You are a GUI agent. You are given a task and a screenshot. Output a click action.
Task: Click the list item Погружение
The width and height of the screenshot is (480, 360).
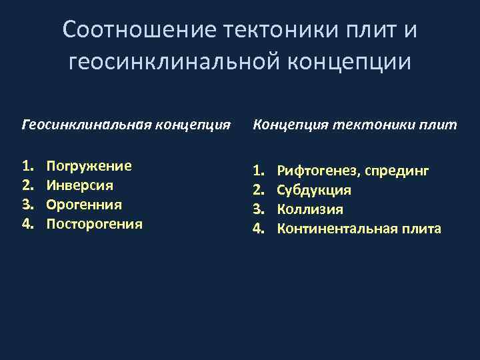pyautogui.click(x=89, y=166)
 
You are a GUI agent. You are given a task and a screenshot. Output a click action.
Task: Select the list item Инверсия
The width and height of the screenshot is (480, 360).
pyautogui.click(x=79, y=185)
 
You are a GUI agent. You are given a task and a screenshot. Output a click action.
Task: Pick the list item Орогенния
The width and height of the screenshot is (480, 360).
pyautogui.click(x=84, y=204)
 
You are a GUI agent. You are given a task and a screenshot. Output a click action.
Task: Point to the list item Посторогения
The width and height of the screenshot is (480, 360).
pyautogui.click(x=94, y=223)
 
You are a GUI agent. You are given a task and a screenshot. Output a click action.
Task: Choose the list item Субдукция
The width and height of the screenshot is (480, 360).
pyautogui.click(x=314, y=191)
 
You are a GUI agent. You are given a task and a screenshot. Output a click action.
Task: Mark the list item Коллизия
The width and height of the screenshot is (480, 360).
pyautogui.click(x=310, y=209)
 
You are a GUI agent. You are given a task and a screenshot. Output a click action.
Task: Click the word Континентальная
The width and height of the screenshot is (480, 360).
pyautogui.click(x=337, y=229)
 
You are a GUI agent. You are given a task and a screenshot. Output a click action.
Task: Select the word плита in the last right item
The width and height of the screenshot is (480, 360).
pyautogui.click(x=421, y=229)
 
